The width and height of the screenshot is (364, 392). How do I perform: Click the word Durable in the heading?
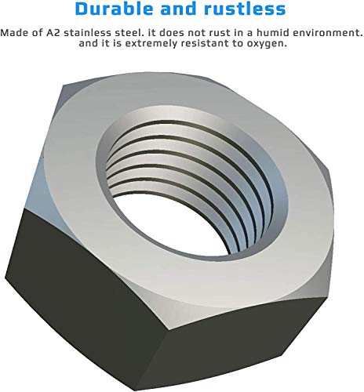coord(115,10)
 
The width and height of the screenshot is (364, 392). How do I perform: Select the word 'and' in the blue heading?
coord(181,10)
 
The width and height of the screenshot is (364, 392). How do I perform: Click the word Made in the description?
coord(14,34)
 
